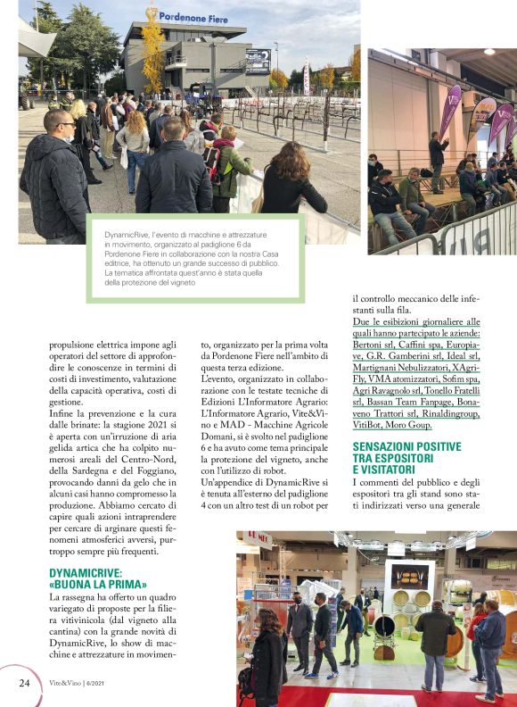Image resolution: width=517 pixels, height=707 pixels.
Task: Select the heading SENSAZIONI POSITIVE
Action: (407, 446)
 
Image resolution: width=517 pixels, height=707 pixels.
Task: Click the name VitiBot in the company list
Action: (373, 426)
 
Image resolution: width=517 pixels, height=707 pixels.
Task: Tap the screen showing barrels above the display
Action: (409, 577)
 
